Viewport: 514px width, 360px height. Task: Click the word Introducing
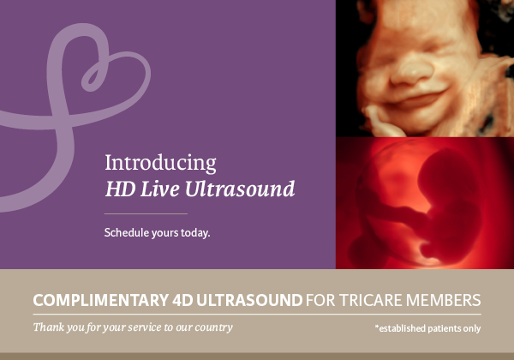click(x=160, y=163)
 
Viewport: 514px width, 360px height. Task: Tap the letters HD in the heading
click(x=120, y=189)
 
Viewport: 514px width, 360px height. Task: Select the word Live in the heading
click(x=159, y=189)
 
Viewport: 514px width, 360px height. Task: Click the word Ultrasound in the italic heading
click(x=240, y=189)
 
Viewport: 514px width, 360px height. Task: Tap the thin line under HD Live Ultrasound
click(x=146, y=213)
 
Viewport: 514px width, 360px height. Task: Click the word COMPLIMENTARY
click(x=100, y=300)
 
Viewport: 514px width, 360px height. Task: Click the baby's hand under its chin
click(x=384, y=122)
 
